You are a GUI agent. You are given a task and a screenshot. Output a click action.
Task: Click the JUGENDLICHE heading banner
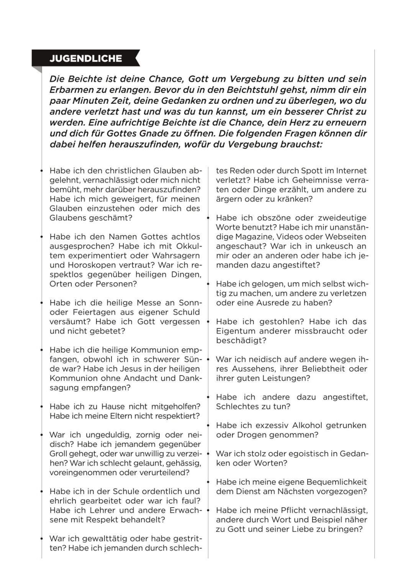[86, 59]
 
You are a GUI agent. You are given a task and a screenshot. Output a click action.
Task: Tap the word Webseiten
[347, 237]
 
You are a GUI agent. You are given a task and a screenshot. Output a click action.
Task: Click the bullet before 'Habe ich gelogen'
[208, 284]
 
